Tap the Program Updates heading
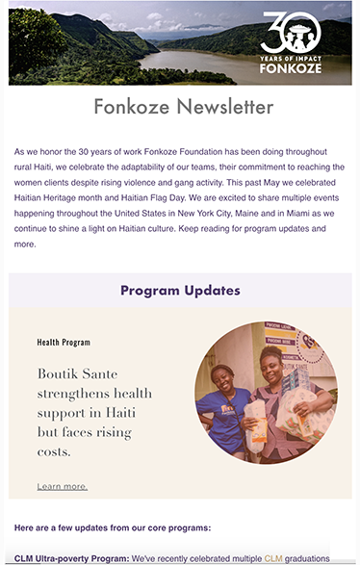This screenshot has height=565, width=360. tap(180, 290)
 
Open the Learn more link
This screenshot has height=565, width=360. tap(62, 486)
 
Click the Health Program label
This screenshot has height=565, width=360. tap(64, 342)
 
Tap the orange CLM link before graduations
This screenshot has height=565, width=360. tap(273, 557)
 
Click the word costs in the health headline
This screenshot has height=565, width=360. tap(57, 450)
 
